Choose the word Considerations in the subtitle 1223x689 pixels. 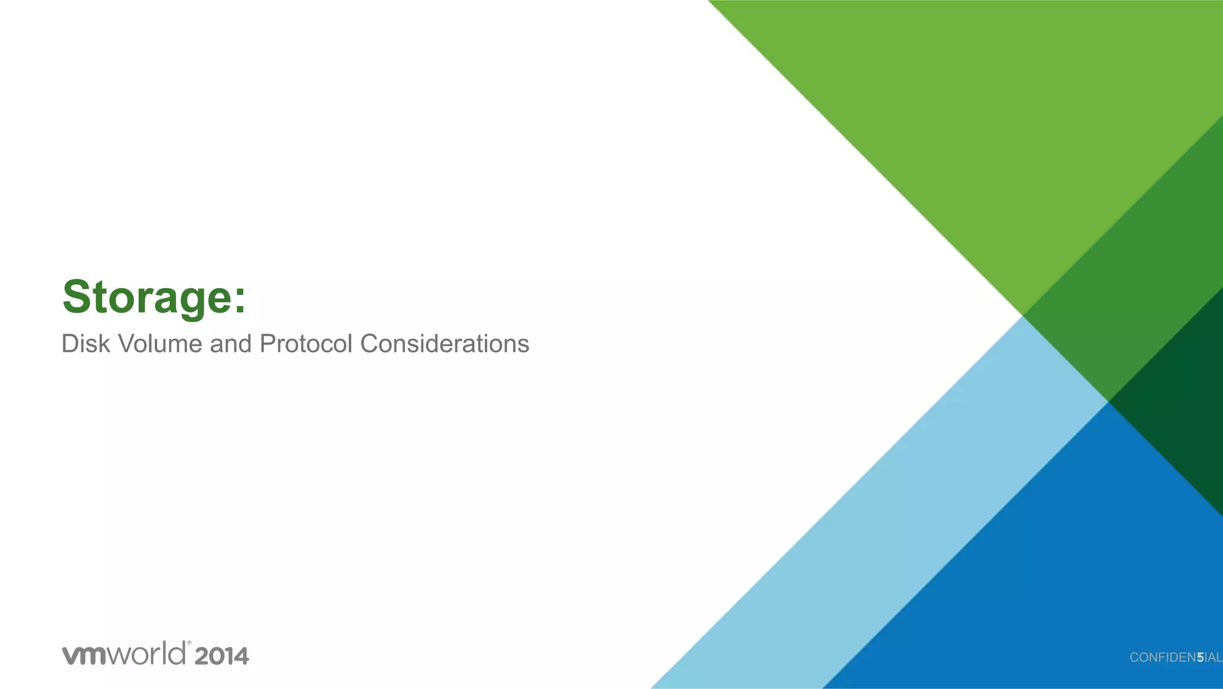point(444,344)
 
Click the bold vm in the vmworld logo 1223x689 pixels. point(84,655)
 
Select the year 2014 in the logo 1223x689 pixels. point(221,656)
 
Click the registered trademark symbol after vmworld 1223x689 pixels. point(189,644)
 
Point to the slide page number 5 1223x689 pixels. point(1200,658)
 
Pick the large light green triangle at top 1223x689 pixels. point(985,120)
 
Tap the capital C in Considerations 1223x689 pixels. point(369,344)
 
